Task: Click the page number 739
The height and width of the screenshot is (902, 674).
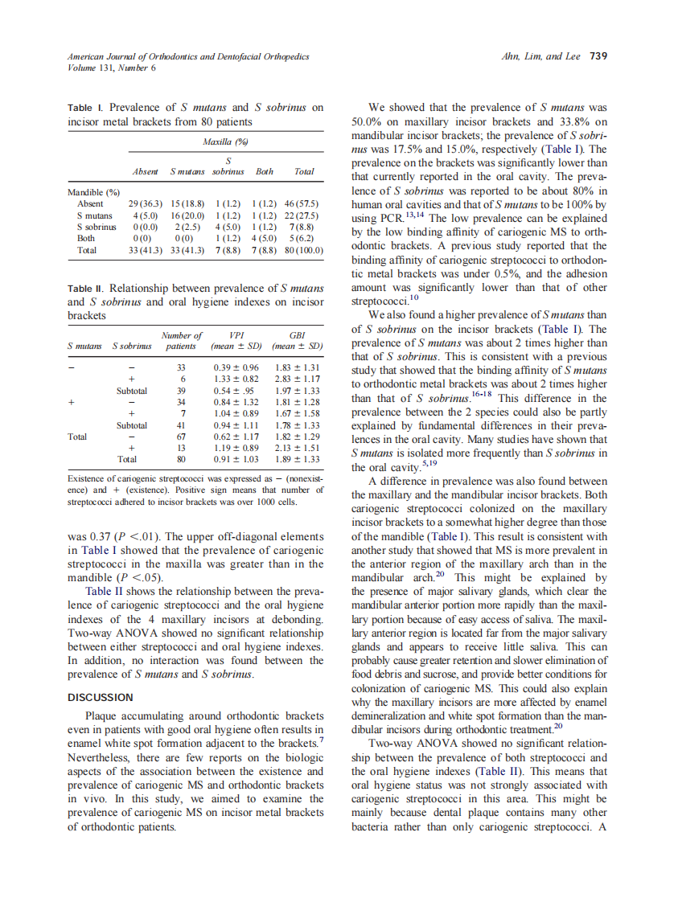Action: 598,56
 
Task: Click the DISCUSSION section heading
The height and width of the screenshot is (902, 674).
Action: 101,697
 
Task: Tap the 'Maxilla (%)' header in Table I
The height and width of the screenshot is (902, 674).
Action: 225,141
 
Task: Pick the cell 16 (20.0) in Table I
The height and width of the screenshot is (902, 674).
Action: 187,216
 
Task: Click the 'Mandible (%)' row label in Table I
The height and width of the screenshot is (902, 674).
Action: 93,193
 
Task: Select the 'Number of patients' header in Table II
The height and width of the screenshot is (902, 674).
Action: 182,341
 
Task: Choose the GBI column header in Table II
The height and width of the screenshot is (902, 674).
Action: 297,335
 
